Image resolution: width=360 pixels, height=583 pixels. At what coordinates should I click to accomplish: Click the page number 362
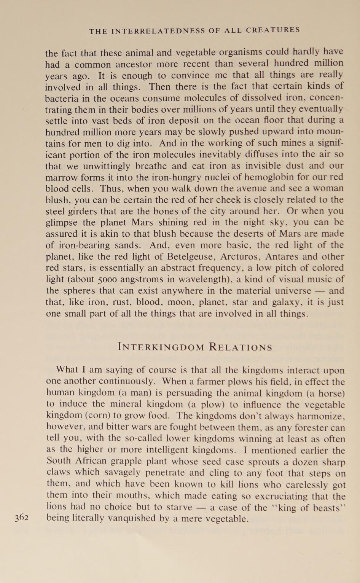tap(22, 518)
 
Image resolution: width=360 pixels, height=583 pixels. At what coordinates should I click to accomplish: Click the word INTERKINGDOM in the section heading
tap(161, 347)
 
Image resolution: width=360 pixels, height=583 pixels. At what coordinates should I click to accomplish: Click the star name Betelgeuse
tap(175, 256)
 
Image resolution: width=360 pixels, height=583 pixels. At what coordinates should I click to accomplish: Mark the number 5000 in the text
tap(105, 279)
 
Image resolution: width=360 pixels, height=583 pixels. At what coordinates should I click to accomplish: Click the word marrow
tap(61, 177)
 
